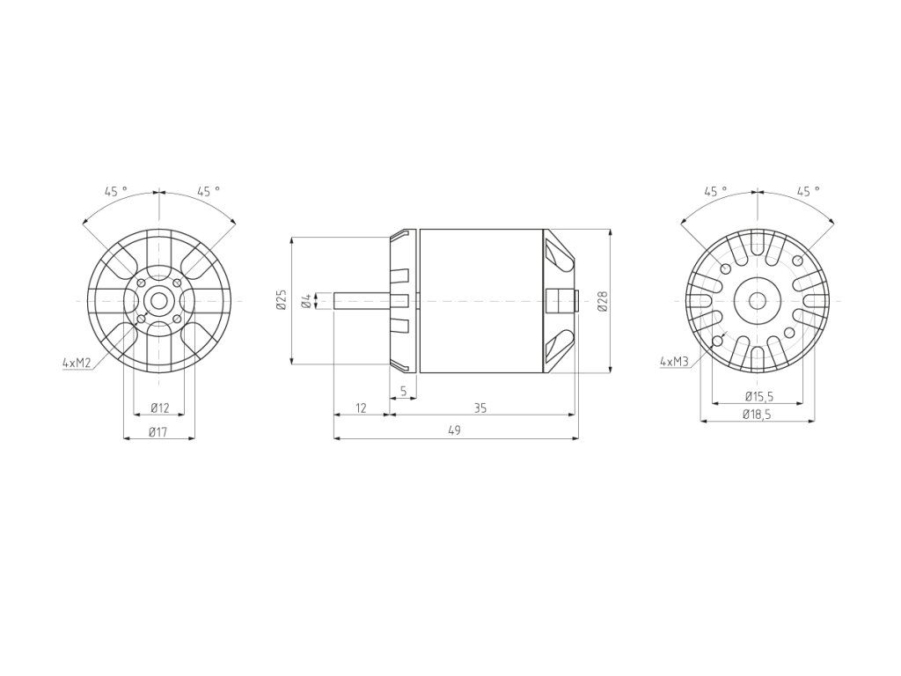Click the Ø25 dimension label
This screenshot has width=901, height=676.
pyautogui.click(x=281, y=301)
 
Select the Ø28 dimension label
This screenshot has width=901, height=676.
pyautogui.click(x=602, y=301)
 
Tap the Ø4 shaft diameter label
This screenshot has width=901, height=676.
pyautogui.click(x=307, y=300)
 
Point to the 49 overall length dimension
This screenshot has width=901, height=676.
pyautogui.click(x=454, y=430)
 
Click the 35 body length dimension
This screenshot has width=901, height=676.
pyautogui.click(x=480, y=408)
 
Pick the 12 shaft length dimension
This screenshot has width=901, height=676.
pyautogui.click(x=361, y=408)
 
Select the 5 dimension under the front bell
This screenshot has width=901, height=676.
pyautogui.click(x=403, y=391)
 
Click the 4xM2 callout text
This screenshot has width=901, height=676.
pyautogui.click(x=77, y=363)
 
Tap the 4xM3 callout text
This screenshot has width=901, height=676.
pyautogui.click(x=675, y=362)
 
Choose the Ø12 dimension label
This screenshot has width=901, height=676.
pyautogui.click(x=160, y=408)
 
